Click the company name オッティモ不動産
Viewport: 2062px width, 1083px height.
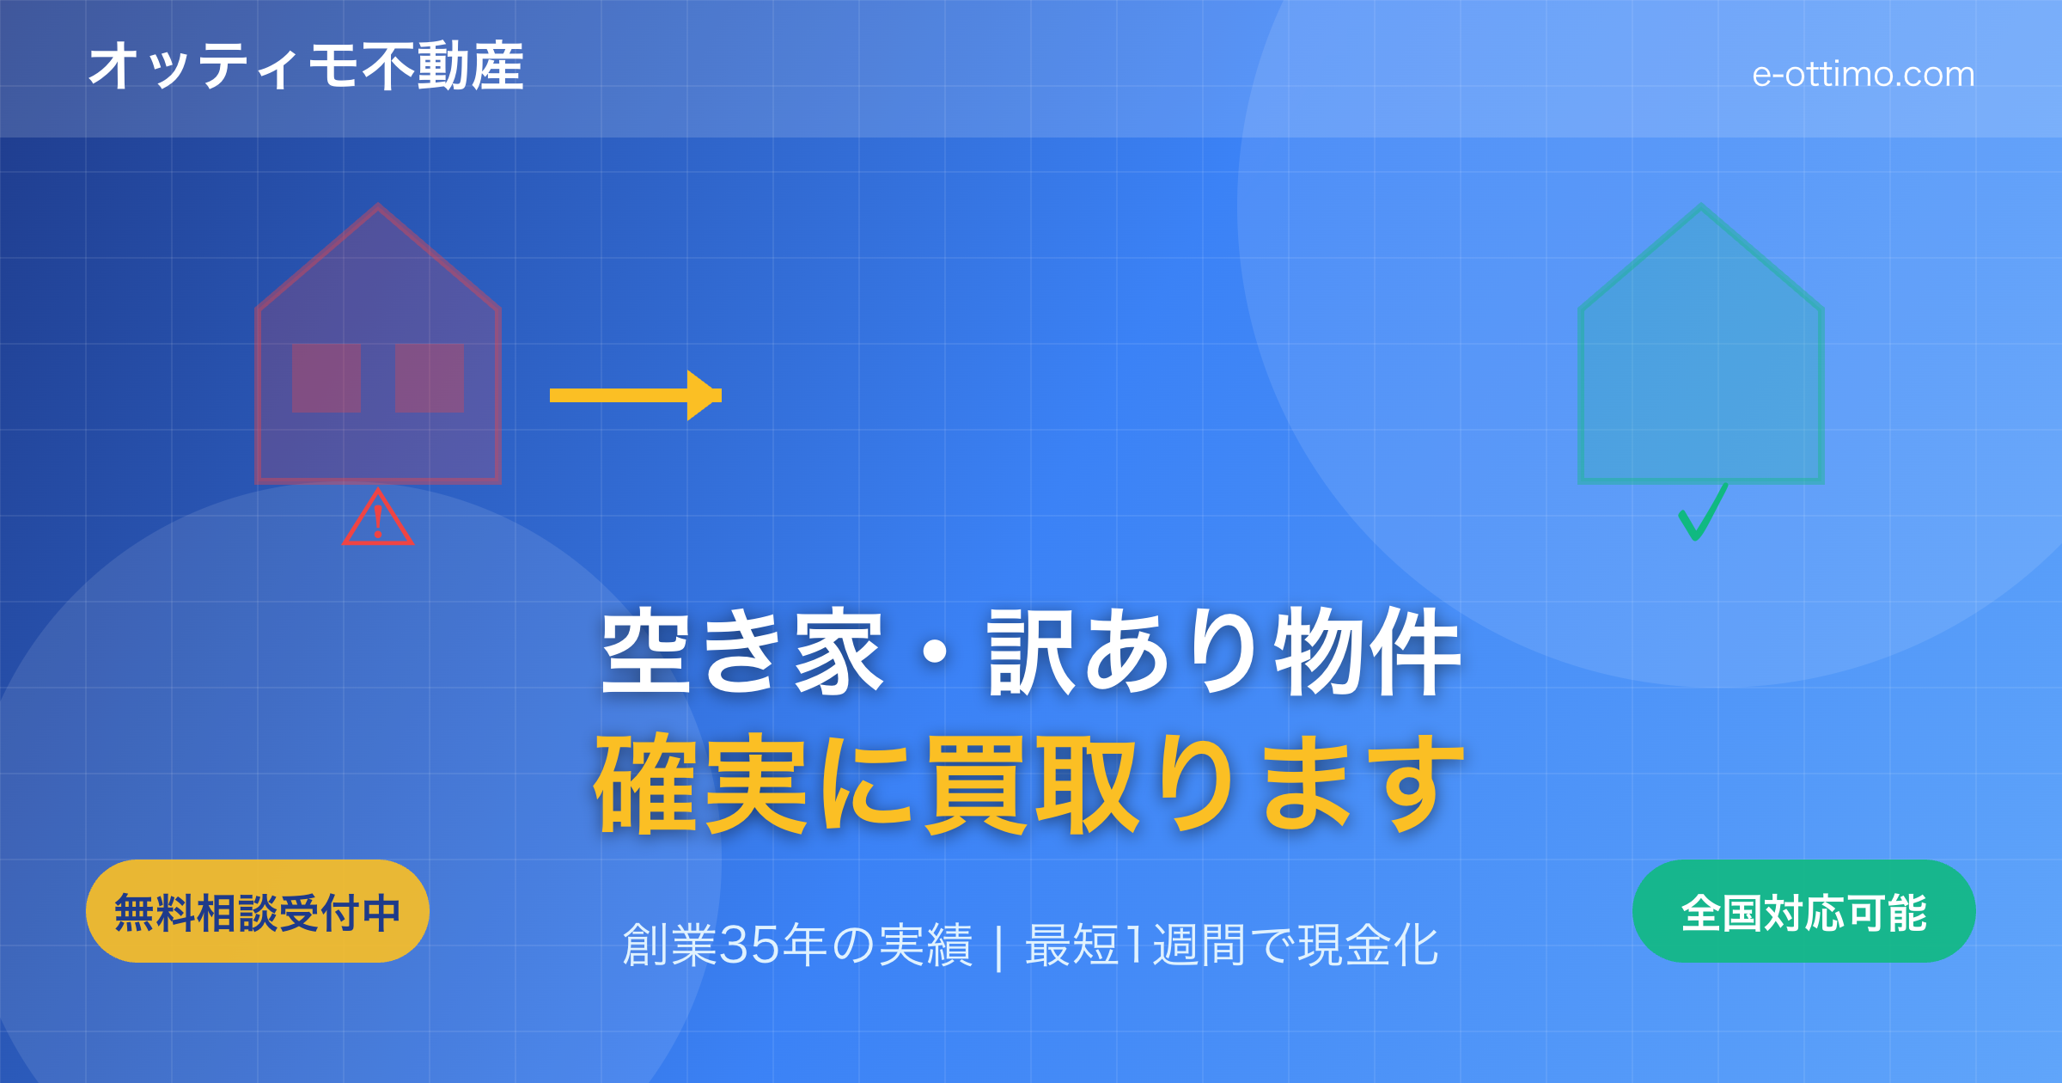[x=305, y=66]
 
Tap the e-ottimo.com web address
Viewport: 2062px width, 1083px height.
[x=1863, y=75]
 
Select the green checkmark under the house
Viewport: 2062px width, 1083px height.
[x=1701, y=514]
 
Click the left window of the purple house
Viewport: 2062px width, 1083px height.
[x=326, y=378]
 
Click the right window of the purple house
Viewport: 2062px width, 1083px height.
[x=430, y=378]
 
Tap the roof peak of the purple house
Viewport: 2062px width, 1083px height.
[x=378, y=208]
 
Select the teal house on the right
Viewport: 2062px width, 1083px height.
[x=1701, y=361]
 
